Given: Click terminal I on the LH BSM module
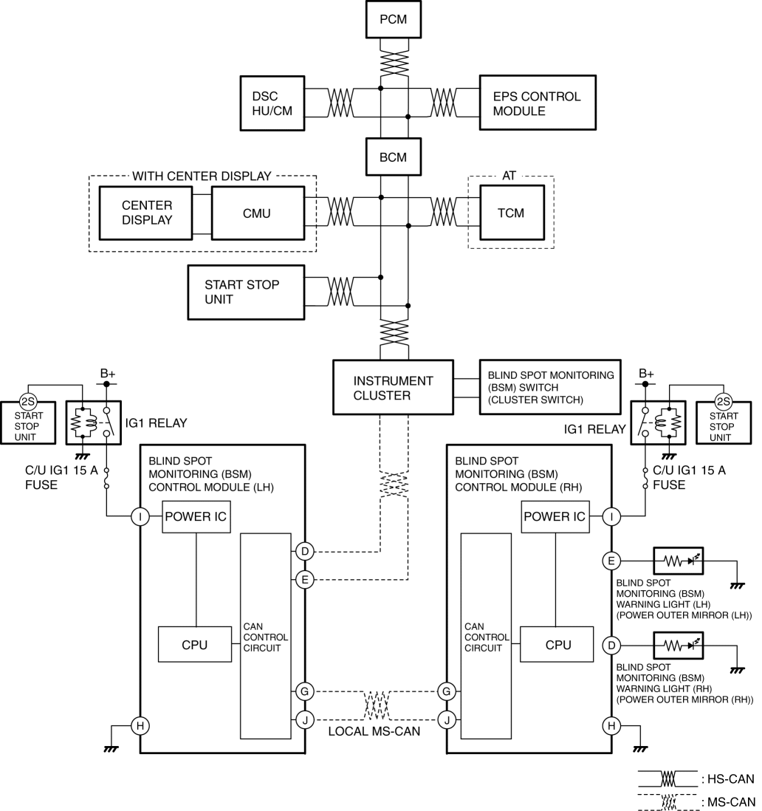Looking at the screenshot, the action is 140,516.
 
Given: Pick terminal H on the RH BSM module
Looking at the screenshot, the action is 611,725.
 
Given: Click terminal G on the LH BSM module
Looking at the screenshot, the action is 305,691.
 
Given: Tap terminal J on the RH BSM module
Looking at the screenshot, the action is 447,719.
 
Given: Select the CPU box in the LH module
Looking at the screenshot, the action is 195,645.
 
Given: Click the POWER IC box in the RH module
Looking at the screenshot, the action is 555,516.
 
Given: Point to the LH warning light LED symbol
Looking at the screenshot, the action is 679,560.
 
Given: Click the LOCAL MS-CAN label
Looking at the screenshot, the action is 374,731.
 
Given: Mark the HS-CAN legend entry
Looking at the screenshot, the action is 696,779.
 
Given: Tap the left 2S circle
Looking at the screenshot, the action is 28,401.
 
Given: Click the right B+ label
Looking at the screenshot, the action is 646,374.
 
